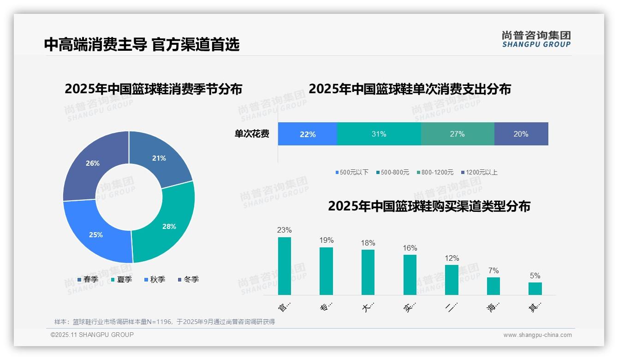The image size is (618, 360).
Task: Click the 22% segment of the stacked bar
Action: [x=308, y=134]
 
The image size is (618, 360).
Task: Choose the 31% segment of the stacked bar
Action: [x=379, y=134]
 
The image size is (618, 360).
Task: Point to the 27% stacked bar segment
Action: [x=458, y=134]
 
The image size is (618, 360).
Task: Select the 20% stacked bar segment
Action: [x=521, y=134]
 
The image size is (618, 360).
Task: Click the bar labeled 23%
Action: [x=285, y=266]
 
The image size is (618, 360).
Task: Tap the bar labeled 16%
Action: [x=410, y=275]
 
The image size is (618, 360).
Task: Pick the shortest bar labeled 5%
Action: [x=535, y=288]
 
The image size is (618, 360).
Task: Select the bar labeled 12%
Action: [x=452, y=280]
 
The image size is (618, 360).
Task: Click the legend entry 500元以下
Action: [x=352, y=173]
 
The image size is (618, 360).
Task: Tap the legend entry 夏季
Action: [x=122, y=280]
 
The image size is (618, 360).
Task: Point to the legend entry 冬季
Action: [x=188, y=280]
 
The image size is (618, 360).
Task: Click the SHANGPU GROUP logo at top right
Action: [x=536, y=39]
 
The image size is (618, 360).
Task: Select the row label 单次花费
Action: [x=252, y=134]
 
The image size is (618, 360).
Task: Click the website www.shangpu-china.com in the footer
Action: [x=537, y=335]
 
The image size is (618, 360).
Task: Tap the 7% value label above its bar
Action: [x=493, y=271]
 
